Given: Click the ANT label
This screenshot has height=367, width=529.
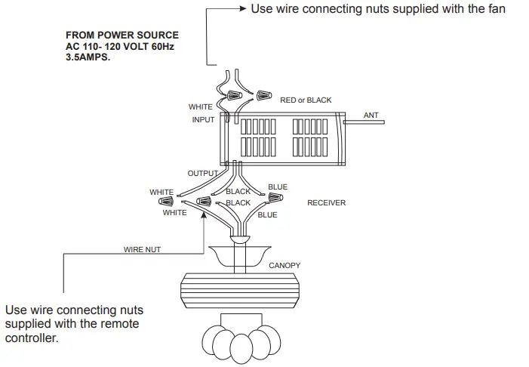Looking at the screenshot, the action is pyautogui.click(x=371, y=115).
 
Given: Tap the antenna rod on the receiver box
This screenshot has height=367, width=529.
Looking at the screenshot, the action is pyautogui.click(x=364, y=122).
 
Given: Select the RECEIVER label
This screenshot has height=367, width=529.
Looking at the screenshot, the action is pyautogui.click(x=326, y=203).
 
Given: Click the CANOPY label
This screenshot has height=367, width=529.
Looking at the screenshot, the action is pyautogui.click(x=284, y=265).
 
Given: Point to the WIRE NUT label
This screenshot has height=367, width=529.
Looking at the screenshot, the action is pyautogui.click(x=142, y=249).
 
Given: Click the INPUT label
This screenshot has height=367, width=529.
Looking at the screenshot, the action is pyautogui.click(x=203, y=120).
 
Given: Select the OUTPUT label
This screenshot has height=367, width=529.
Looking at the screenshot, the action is pyautogui.click(x=203, y=173).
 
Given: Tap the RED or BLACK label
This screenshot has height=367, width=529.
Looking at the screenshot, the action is pyautogui.click(x=306, y=100).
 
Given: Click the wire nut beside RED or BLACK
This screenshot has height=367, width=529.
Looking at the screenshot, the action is pyautogui.click(x=264, y=95).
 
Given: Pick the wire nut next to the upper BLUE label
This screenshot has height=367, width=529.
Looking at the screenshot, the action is pyautogui.click(x=275, y=197).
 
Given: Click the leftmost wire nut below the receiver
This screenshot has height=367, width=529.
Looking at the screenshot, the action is pyautogui.click(x=166, y=202).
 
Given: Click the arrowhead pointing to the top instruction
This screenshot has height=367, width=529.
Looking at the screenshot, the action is pyautogui.click(x=243, y=8).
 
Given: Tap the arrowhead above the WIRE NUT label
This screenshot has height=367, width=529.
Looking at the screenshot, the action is pyautogui.click(x=204, y=215).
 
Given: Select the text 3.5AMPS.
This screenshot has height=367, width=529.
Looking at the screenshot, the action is pyautogui.click(x=88, y=57).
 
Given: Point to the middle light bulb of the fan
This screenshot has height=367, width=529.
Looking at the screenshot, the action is pyautogui.click(x=241, y=349).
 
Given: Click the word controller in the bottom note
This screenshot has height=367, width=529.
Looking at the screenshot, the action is pyautogui.click(x=32, y=338).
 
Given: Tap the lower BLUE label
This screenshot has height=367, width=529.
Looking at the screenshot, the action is pyautogui.click(x=268, y=215).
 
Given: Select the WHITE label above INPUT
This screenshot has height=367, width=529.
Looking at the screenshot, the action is pyautogui.click(x=201, y=107).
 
